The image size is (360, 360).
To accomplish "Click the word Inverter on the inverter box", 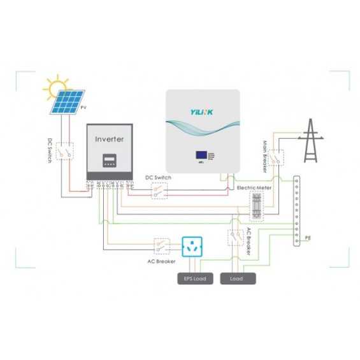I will coord(109,138).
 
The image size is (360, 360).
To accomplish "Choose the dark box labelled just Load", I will coord(237,279).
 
